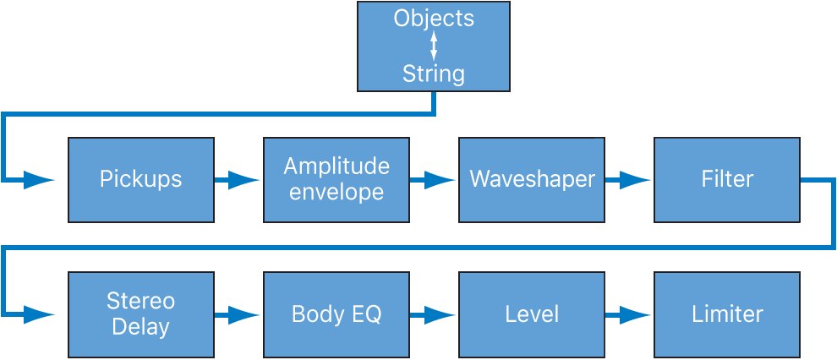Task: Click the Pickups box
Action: tap(140, 180)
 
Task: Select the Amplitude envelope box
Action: tap(336, 180)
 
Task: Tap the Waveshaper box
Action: tap(531, 180)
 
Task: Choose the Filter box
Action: tap(726, 180)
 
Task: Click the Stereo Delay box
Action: tap(140, 314)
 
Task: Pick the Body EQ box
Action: tap(336, 314)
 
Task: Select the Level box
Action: tap(531, 314)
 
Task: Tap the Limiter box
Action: tap(726, 314)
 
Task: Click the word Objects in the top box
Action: tap(434, 19)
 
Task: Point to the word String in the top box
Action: tap(434, 74)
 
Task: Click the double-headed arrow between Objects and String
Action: tap(434, 46)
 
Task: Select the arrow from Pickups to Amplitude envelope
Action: tap(238, 180)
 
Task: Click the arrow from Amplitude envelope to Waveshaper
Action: tap(434, 180)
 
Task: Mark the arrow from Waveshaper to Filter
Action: tap(629, 180)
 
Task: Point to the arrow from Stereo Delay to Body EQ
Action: tap(238, 314)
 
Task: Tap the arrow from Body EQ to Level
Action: tap(434, 314)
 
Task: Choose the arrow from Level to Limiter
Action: tap(629, 314)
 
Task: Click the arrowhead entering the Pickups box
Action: tap(38, 180)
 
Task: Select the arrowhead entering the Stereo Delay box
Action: tap(38, 314)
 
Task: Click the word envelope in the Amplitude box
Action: tap(336, 193)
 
